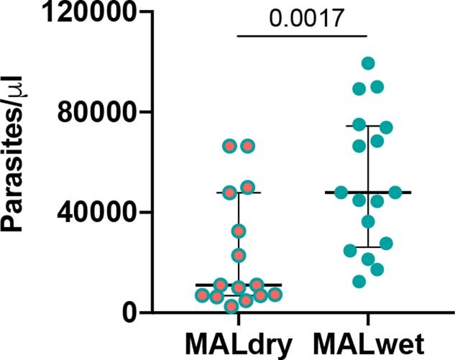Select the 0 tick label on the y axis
pyautogui.click(x=129, y=313)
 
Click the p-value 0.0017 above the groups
pyautogui.click(x=303, y=17)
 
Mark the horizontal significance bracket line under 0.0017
pyautogui.click(x=303, y=34)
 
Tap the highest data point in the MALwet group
pyautogui.click(x=368, y=63)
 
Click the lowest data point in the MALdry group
pyautogui.click(x=231, y=307)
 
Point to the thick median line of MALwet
pyautogui.click(x=367, y=193)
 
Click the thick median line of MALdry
pyautogui.click(x=238, y=285)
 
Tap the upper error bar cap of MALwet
pyautogui.click(x=367, y=126)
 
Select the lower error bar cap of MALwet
pyautogui.click(x=367, y=247)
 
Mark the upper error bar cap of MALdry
pyautogui.click(x=238, y=193)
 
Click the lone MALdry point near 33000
pyautogui.click(x=238, y=231)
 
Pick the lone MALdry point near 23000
pyautogui.click(x=238, y=255)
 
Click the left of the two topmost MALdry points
pyautogui.click(x=229, y=146)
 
